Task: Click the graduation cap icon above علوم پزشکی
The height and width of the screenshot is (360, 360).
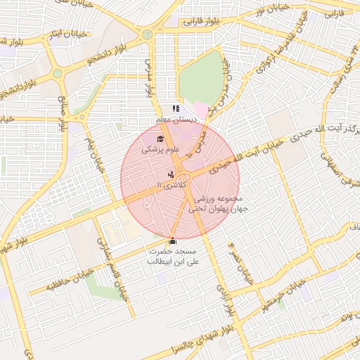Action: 160,139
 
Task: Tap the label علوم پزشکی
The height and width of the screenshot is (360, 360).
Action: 161,150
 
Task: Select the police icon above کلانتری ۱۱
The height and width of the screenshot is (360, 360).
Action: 171,174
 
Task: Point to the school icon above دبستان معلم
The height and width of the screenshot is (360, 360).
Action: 176,108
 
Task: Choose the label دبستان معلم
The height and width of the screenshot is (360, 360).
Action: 176,120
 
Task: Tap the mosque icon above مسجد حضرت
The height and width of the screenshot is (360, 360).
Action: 173,240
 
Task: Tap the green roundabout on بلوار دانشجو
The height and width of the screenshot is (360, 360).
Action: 57,73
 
